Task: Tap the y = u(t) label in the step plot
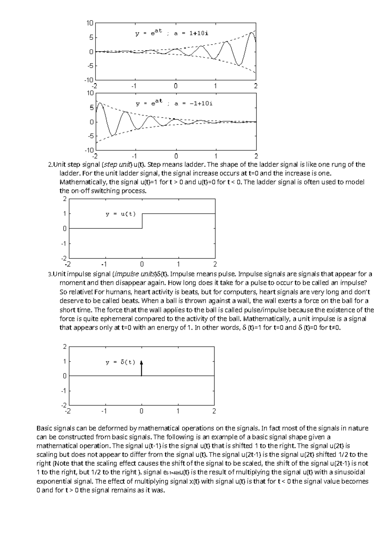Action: (x=121, y=214)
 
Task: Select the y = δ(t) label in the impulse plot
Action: (x=121, y=362)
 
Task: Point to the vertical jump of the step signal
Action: (x=142, y=221)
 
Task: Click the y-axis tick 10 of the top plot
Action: (x=90, y=23)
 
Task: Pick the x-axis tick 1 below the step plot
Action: (x=178, y=264)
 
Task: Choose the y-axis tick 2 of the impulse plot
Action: (x=65, y=347)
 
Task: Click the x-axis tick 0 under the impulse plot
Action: (x=141, y=411)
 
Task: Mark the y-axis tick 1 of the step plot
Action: (x=65, y=214)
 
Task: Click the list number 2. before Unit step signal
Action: (x=50, y=165)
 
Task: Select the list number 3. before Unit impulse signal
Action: (x=50, y=274)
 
